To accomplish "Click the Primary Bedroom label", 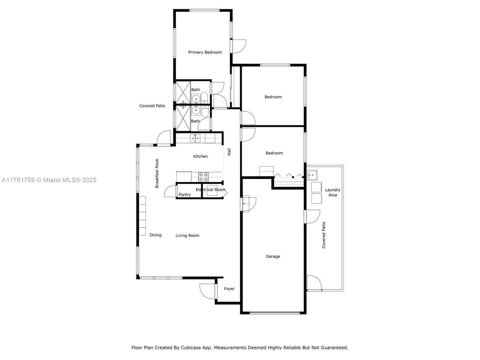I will tap(204, 52).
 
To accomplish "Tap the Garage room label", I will tap(272, 256).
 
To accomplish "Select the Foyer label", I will tap(229, 288).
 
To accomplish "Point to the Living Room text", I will tap(187, 235).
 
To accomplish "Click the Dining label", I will tap(155, 235).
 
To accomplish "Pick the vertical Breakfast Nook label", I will tap(156, 173).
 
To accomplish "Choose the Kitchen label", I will tap(200, 156).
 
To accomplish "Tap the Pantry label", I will tap(185, 194).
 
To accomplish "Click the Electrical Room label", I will tap(210, 190).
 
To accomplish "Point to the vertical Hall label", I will tap(229, 152).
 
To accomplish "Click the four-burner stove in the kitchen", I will tap(203, 176).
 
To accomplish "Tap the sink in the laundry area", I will tap(312, 174).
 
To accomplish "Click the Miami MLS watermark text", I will tap(48, 180).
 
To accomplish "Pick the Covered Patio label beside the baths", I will tap(152, 106).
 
